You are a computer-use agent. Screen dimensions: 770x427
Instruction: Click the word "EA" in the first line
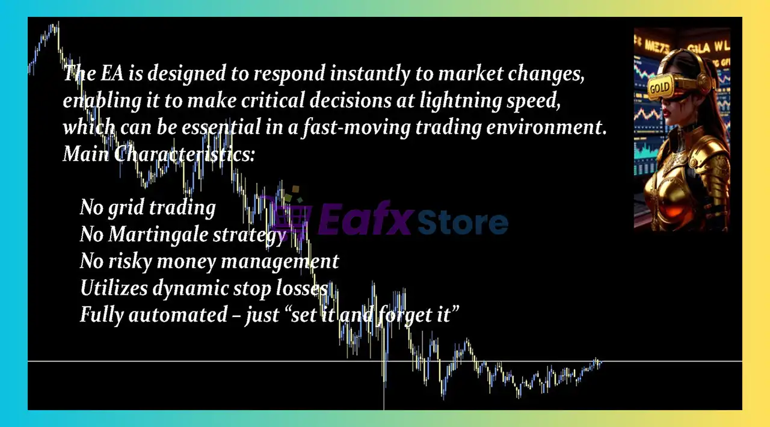pos(112,73)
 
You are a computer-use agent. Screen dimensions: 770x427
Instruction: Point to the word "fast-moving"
pos(357,127)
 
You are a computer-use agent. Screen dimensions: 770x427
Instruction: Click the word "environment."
pos(546,127)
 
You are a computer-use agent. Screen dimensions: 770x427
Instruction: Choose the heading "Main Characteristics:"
pos(159,154)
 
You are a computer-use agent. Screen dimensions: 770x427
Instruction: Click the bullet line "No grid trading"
pos(148,208)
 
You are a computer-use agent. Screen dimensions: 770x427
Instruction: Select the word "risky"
pos(129,262)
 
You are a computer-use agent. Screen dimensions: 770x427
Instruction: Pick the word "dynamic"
pos(191,289)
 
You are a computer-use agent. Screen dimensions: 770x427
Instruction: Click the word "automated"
pos(178,315)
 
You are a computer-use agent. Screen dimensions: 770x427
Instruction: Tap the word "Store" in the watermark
pos(463,222)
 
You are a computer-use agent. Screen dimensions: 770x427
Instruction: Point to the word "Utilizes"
pos(114,288)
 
